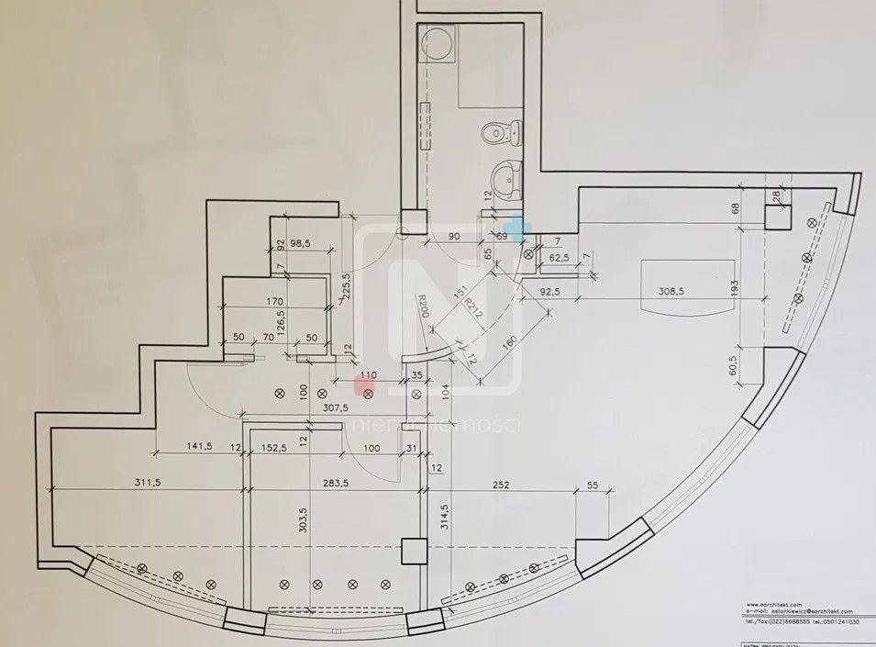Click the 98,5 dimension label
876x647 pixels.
(303, 243)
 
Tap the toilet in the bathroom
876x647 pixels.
(501, 135)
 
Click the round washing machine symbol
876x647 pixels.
(436, 42)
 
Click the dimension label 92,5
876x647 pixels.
(550, 293)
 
